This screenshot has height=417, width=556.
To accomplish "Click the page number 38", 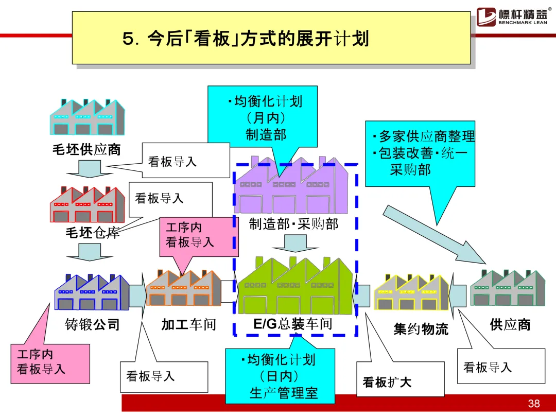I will click(x=534, y=403).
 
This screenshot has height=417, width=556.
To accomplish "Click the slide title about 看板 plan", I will click(x=246, y=39).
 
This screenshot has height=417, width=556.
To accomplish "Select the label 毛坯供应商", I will click(x=86, y=149).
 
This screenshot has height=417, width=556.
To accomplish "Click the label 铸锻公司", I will click(x=92, y=325).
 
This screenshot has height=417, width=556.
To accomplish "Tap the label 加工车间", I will click(x=188, y=325).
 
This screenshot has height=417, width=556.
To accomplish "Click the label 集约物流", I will click(x=421, y=329).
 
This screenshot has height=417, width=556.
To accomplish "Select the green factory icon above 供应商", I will click(x=508, y=288).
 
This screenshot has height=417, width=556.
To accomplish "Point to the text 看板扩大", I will click(x=387, y=383).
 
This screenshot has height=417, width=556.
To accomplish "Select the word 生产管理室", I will click(x=284, y=393).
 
